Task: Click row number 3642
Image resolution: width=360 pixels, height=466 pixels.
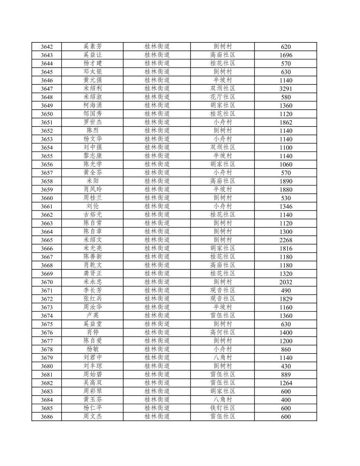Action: (x=47, y=47)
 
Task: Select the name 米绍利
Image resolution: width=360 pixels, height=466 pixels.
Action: (x=93, y=88)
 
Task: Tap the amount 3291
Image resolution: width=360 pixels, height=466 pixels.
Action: (x=286, y=89)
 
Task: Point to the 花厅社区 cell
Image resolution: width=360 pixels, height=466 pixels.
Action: (x=223, y=97)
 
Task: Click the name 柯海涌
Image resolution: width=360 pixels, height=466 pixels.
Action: (x=93, y=105)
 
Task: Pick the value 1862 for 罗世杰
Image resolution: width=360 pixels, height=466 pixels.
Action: (x=286, y=122)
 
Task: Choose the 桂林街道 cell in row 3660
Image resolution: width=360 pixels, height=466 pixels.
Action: (x=157, y=198)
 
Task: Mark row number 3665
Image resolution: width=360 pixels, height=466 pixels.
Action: (x=47, y=240)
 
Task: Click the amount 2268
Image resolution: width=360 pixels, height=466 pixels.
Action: (x=286, y=240)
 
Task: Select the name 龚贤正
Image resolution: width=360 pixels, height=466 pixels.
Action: (x=93, y=273)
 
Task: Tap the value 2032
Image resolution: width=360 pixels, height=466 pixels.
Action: (x=286, y=282)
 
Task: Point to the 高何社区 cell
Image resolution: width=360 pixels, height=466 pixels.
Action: (x=223, y=332)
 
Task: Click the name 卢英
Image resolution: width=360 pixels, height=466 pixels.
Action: (x=93, y=315)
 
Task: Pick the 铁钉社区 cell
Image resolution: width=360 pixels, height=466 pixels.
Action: (x=223, y=408)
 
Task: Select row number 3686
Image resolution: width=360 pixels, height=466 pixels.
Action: (x=47, y=416)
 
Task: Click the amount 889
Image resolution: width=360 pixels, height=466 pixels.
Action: (x=286, y=375)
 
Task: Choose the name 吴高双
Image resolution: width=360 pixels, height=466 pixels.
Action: (x=93, y=383)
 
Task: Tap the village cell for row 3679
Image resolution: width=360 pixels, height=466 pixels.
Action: (x=223, y=357)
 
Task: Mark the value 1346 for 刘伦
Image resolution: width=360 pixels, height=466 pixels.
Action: (x=286, y=206)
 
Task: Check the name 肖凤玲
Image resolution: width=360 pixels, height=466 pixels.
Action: (x=93, y=189)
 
